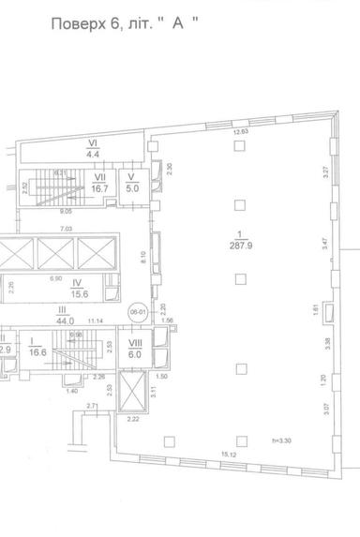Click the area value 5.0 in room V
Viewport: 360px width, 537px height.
point(132,186)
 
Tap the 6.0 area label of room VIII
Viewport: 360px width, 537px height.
point(134,354)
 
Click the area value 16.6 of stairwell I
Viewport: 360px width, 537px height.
point(37,354)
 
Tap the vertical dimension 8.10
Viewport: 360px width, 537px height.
point(142,255)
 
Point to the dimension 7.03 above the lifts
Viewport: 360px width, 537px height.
point(66,229)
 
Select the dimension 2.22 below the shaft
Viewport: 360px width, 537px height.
point(133,420)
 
